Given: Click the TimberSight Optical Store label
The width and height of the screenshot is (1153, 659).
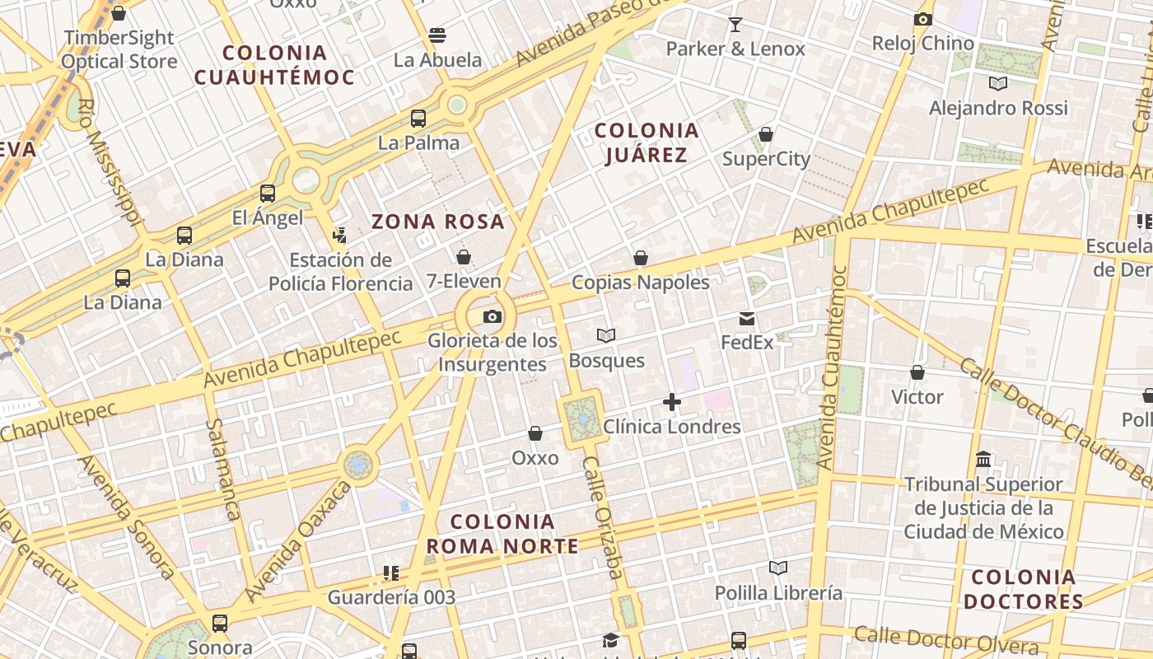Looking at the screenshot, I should coord(119,49).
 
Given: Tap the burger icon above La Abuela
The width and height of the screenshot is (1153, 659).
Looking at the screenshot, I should coord(437,35).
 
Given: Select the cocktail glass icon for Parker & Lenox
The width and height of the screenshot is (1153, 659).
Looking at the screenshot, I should coord(735,25).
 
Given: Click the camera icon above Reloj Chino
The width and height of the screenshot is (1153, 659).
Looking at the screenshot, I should coord(922,20).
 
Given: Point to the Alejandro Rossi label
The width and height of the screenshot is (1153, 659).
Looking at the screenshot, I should coord(998,108).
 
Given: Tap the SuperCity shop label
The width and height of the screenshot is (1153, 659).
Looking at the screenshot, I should coord(766,159).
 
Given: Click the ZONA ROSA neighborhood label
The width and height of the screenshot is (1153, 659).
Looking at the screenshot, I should coord(437,222).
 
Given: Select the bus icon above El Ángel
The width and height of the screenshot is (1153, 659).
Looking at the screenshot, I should coord(268,194).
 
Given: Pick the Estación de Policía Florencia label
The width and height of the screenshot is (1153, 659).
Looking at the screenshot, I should coord(341,272).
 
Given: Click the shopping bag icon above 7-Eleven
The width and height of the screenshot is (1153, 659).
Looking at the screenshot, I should coord(464,257).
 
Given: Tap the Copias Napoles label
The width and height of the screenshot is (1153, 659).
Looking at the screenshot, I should coord(640,283).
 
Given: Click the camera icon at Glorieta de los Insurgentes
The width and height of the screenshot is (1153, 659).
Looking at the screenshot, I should coord(492,317).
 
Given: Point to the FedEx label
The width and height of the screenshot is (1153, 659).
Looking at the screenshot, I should coord(747,342).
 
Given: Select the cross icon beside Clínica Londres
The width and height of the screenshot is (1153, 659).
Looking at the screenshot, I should coord(672,402).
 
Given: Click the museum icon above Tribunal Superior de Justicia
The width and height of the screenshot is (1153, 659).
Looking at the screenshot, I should coord(983,459).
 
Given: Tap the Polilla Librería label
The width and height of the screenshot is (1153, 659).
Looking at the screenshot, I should coord(778,593).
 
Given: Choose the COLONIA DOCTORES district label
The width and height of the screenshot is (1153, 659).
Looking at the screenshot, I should coord(1023,589).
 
